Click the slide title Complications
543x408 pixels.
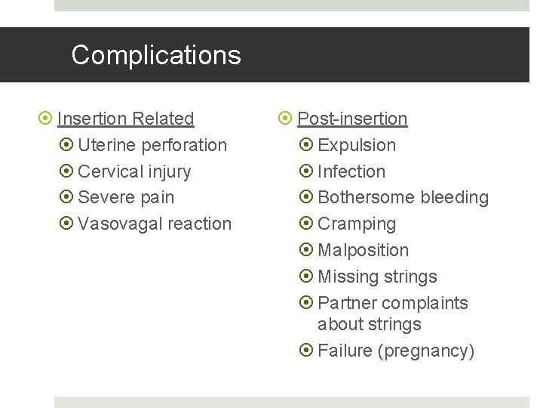156,55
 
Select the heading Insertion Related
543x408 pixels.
126,119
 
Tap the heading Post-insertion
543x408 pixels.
352,119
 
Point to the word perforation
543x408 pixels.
184,145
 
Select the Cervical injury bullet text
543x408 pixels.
134,172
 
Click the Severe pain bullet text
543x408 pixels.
126,198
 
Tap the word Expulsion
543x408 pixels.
357,145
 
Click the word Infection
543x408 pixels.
351,172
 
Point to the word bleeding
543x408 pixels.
455,198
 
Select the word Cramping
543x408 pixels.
357,224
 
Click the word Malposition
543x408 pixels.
364,250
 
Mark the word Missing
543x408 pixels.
347,277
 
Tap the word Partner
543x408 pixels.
347,303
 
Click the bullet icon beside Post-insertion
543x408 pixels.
286,119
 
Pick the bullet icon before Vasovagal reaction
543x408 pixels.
65,224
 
